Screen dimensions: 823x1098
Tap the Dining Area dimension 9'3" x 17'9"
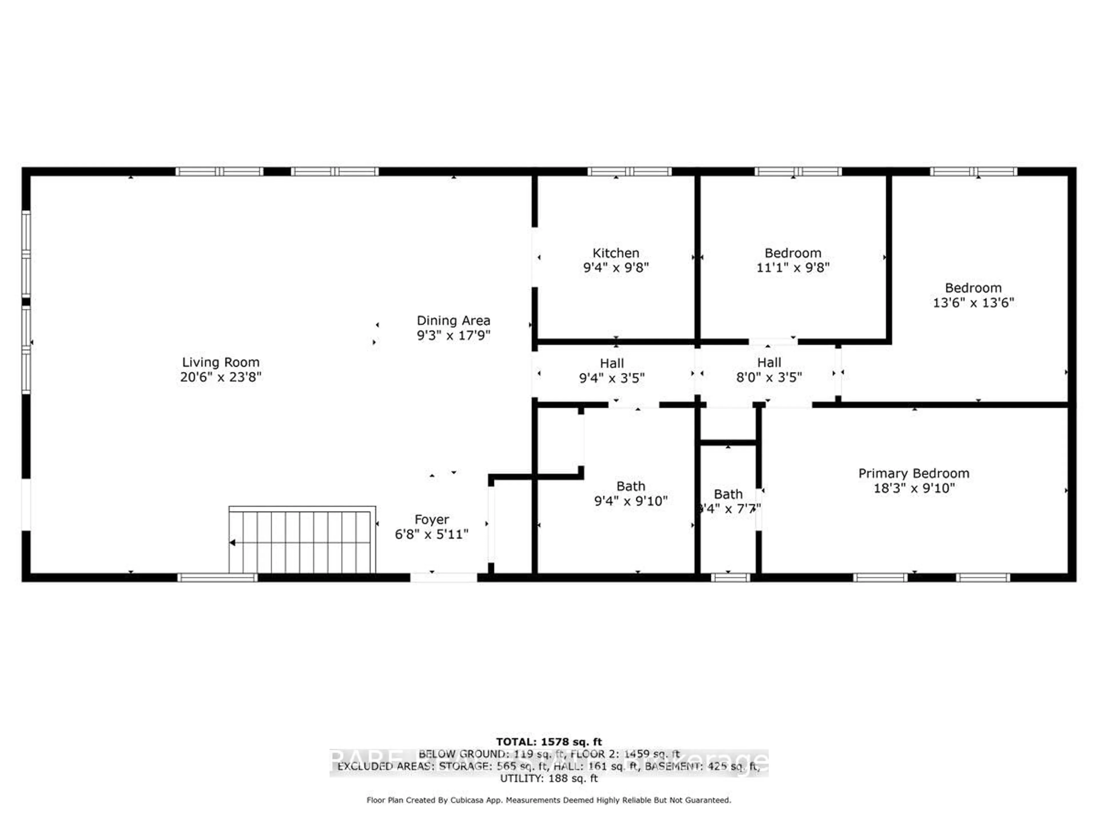[453, 335]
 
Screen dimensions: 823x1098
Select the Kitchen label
[616, 253]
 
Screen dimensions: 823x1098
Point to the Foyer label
[431, 520]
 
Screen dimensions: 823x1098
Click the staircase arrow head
[232, 543]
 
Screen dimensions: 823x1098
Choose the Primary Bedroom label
[913, 473]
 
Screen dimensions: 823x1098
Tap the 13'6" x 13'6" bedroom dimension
[973, 303]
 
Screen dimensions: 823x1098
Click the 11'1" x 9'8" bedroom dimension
[793, 268]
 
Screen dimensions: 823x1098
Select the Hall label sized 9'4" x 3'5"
[612, 363]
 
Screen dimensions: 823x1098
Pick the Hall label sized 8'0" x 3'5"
[769, 363]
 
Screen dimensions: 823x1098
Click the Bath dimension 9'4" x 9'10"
[630, 501]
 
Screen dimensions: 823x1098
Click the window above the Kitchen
[629, 172]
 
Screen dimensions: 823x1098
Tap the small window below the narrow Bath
[730, 578]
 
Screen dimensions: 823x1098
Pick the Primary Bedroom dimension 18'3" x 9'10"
[913, 488]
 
